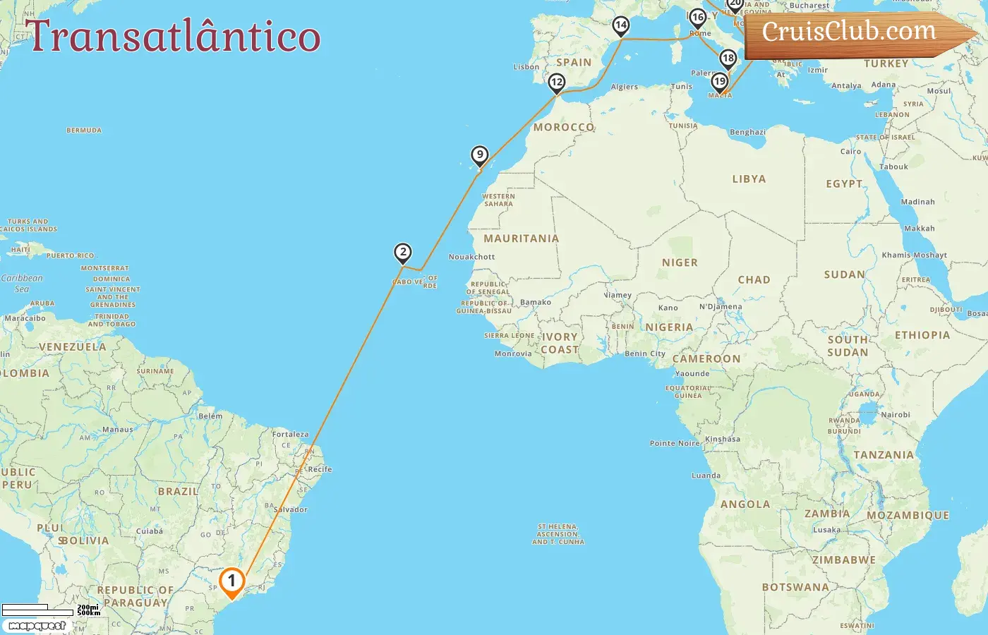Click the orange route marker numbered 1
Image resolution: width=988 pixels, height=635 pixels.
231,582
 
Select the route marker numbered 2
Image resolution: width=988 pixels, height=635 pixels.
402,253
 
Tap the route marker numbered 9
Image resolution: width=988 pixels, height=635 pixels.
480,155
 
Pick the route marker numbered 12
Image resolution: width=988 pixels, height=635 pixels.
557,83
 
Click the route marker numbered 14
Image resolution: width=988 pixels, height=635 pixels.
620,26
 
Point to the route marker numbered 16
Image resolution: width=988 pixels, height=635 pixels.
697,18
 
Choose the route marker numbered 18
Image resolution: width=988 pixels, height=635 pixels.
728,59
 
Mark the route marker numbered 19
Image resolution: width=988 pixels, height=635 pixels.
719,81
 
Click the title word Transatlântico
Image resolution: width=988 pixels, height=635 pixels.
173,37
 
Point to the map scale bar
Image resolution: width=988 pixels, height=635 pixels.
39,610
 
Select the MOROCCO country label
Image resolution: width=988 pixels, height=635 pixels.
564,128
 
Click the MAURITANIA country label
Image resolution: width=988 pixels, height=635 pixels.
521,238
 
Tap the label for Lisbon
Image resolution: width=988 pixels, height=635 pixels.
526,67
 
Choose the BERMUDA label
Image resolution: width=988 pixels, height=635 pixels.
84,131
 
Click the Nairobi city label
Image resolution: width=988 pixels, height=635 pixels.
895,415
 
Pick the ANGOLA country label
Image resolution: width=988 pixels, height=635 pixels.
745,504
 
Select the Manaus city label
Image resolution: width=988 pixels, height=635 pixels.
117,429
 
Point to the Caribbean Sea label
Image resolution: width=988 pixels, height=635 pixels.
22,283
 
